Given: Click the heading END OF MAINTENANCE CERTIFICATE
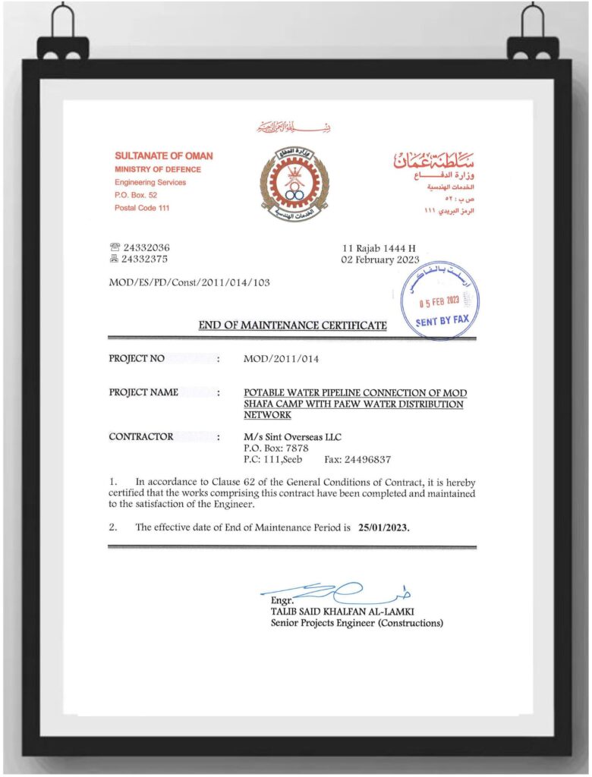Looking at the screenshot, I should [293, 326].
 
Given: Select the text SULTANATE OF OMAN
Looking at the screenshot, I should [164, 156].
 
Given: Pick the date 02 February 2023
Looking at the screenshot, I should [381, 260].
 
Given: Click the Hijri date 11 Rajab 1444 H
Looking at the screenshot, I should [379, 248].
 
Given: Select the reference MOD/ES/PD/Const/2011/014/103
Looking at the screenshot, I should [190, 283].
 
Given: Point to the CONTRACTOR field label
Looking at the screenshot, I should [141, 436].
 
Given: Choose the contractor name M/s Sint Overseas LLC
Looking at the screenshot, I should [293, 437].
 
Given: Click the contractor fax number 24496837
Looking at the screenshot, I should [368, 459].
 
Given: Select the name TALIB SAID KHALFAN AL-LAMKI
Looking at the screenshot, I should [342, 612].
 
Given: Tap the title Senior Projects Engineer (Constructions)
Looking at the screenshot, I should [357, 623].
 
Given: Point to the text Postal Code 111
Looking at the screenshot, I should [142, 208].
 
